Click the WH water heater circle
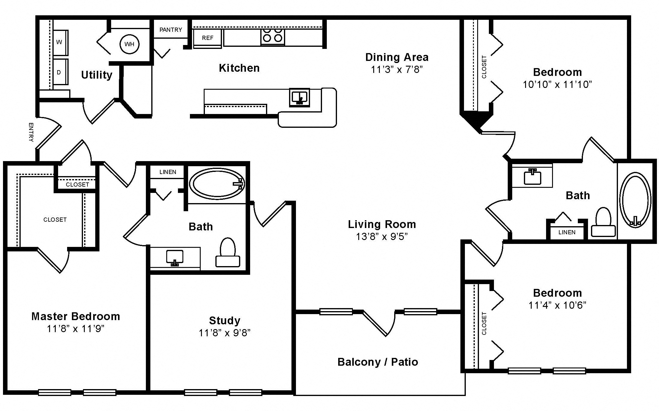click(x=129, y=44)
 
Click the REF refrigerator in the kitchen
click(x=208, y=38)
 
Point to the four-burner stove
click(x=273, y=37)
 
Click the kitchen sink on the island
click(x=300, y=97)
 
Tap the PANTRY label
click(x=171, y=30)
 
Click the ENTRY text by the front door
click(x=31, y=132)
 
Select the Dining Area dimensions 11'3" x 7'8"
click(x=397, y=70)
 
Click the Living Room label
click(x=382, y=224)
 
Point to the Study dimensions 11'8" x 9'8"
click(x=225, y=333)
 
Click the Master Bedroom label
click(x=76, y=316)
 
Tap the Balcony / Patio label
click(x=378, y=362)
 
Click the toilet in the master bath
click(x=228, y=252)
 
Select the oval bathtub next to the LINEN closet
click(x=217, y=183)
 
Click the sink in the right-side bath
click(x=533, y=177)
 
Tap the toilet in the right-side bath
click(x=603, y=222)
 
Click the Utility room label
click(x=97, y=75)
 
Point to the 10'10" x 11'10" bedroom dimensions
click(x=557, y=85)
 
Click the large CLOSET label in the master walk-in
click(x=55, y=220)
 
